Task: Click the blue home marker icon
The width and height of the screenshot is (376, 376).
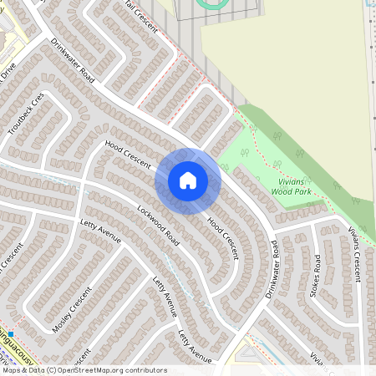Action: coord(188,180)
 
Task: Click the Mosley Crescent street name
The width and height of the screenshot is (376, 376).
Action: coord(70,310)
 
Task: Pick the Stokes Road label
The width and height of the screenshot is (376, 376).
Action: coord(317,275)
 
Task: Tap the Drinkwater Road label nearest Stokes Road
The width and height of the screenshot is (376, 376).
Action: coord(271,269)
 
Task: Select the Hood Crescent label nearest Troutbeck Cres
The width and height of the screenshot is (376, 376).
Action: coord(128,156)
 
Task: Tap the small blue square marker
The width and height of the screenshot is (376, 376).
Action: coord(12,333)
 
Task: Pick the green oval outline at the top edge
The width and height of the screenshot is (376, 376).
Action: coord(212,4)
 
